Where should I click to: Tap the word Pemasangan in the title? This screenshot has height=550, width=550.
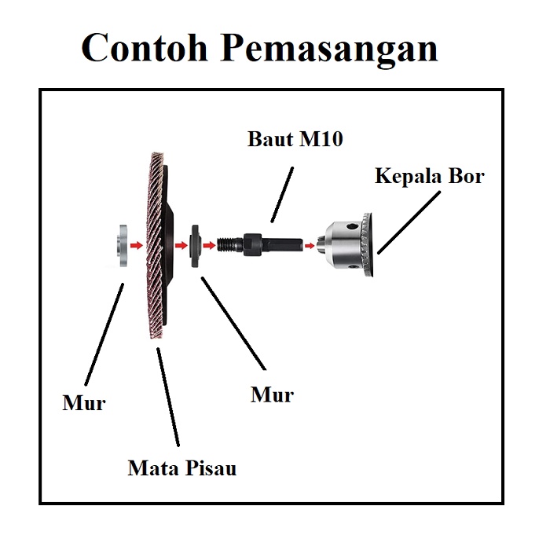pyautogui.click(x=329, y=49)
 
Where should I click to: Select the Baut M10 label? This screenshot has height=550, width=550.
pyautogui.click(x=295, y=140)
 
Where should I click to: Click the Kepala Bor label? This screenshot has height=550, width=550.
pyautogui.click(x=429, y=175)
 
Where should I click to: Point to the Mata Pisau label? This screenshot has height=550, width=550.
pyautogui.click(x=181, y=469)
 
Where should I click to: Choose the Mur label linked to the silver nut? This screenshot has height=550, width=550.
pyautogui.click(x=84, y=404)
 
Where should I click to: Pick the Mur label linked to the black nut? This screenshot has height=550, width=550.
pyautogui.click(x=272, y=394)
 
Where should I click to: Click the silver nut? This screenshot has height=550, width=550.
pyautogui.click(x=121, y=247)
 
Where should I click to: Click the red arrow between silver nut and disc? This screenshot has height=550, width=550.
pyautogui.click(x=137, y=246)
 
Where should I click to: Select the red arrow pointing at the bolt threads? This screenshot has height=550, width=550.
pyautogui.click(x=209, y=245)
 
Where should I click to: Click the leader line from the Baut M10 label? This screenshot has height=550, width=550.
pyautogui.click(x=282, y=192)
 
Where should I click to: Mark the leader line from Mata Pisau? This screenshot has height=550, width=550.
pyautogui.click(x=168, y=397)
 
